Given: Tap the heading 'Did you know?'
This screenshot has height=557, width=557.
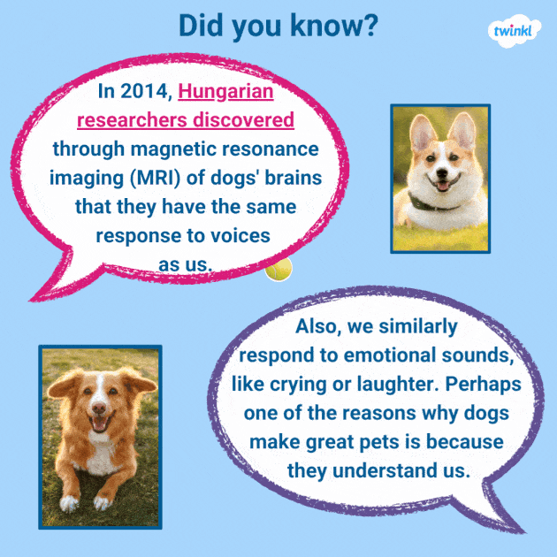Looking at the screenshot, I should point(278,26).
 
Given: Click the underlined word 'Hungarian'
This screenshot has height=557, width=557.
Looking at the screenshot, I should point(225,91).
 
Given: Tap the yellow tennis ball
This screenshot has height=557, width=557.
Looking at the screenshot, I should point(278,269).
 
